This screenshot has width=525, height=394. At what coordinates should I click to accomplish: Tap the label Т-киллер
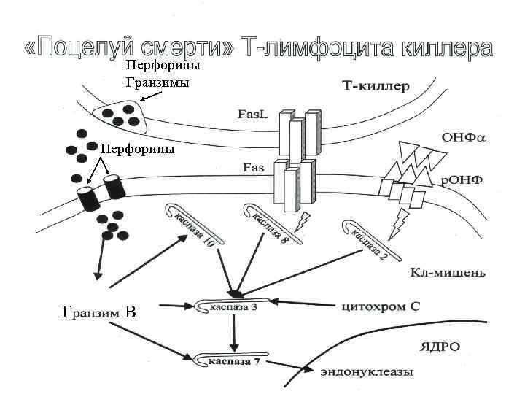tap(376, 86)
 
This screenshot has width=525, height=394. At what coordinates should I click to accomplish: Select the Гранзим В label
tap(99, 314)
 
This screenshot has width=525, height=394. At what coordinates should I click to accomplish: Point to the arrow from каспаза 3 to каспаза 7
tap(234, 334)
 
